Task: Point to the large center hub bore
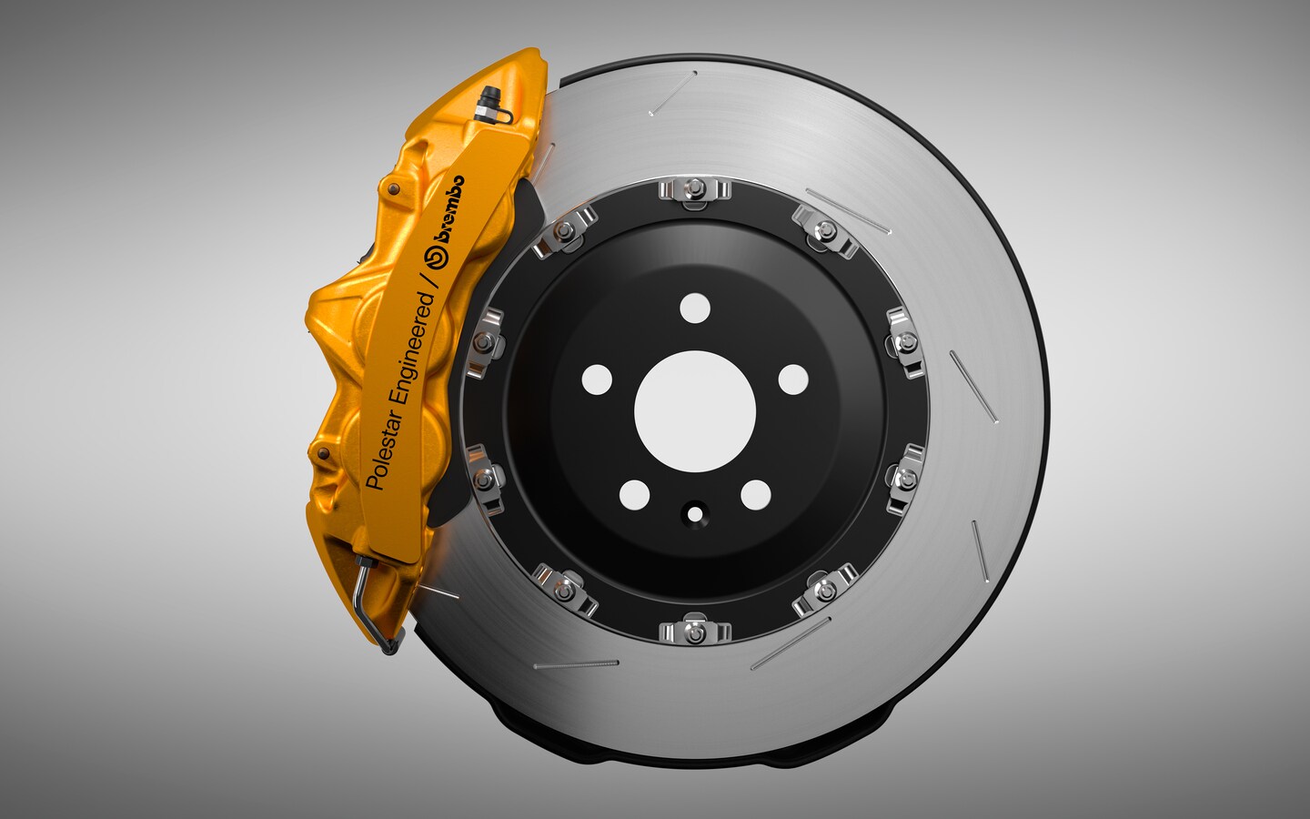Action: click(695, 405)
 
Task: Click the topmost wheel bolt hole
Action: click(694, 304)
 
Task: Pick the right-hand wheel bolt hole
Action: click(793, 377)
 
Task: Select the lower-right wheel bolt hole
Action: click(751, 494)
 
